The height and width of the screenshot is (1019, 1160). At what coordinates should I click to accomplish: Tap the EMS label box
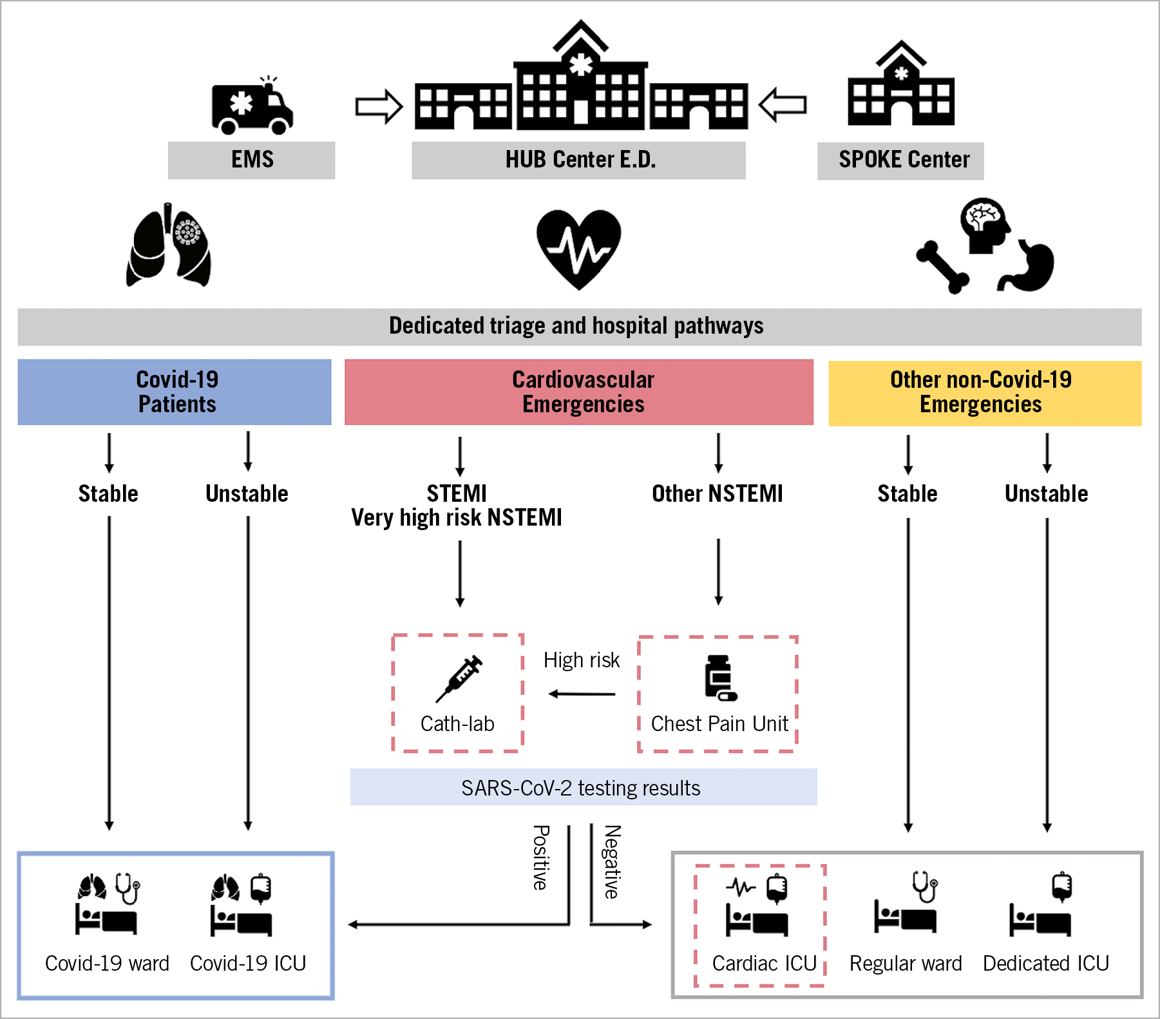click(252, 160)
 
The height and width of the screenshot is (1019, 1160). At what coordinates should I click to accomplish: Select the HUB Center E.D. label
click(579, 160)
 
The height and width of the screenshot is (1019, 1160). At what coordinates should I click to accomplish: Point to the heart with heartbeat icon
click(578, 248)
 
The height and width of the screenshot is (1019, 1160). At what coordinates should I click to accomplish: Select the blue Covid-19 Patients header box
click(175, 392)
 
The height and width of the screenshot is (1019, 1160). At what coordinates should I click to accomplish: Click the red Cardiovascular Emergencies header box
click(579, 392)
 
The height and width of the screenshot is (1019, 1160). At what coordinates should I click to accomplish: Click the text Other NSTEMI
click(718, 494)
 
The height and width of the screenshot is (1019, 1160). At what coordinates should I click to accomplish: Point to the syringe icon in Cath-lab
click(459, 679)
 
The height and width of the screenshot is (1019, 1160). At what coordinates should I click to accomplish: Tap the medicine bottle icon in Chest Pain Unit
click(719, 678)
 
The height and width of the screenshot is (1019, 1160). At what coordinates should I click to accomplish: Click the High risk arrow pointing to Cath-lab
click(582, 694)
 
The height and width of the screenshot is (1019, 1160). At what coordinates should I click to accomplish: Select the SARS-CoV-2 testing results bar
click(584, 787)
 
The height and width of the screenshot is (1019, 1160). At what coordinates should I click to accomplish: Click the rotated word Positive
click(541, 857)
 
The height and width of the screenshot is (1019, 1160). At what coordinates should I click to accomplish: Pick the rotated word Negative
click(613, 861)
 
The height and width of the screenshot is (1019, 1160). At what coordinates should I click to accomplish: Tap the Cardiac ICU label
click(764, 963)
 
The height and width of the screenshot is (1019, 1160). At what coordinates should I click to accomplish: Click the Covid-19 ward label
click(107, 963)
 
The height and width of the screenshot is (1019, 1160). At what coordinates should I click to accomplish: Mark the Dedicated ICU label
click(1046, 963)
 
